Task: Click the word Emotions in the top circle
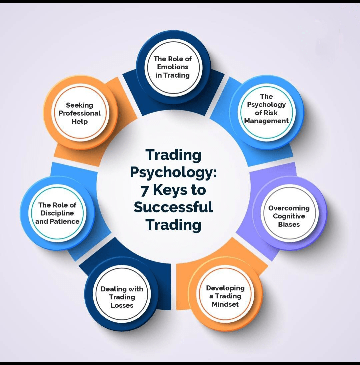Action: pyautogui.click(x=173, y=67)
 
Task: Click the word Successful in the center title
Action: pyautogui.click(x=173, y=207)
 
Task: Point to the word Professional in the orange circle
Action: pyautogui.click(x=80, y=113)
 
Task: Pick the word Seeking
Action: pyautogui.click(x=80, y=105)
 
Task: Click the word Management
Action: pyautogui.click(x=266, y=121)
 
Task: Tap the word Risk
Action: pyautogui.click(x=271, y=113)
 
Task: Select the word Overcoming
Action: pyautogui.click(x=289, y=208)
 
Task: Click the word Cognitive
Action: pyautogui.click(x=289, y=216)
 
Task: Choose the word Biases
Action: pyautogui.click(x=289, y=224)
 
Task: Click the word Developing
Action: pyautogui.click(x=225, y=288)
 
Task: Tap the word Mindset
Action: pyautogui.click(x=225, y=304)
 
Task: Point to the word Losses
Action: pyautogui.click(x=122, y=305)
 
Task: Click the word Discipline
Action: pyautogui.click(x=57, y=213)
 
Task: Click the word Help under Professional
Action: pyautogui.click(x=80, y=122)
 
